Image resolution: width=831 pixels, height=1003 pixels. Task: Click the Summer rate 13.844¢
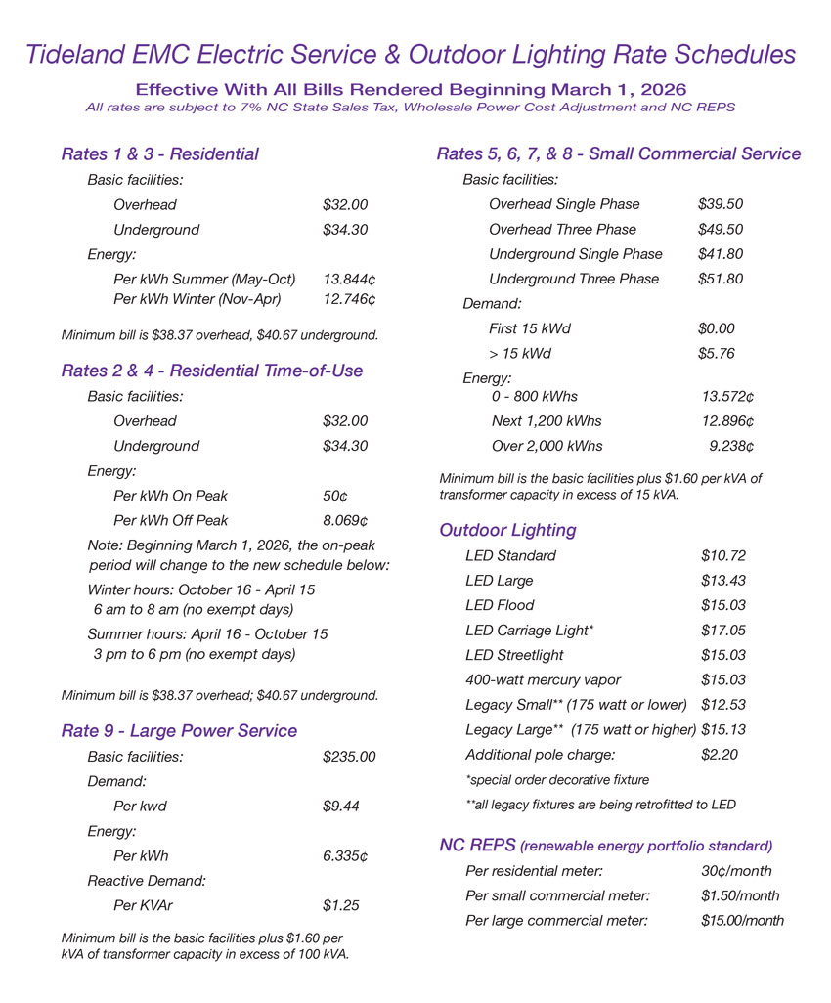[x=349, y=279]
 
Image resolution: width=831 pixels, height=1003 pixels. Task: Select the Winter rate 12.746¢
[x=349, y=298]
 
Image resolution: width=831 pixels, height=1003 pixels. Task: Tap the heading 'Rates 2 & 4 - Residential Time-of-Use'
[x=211, y=371]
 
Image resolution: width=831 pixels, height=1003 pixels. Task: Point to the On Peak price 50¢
[x=335, y=496]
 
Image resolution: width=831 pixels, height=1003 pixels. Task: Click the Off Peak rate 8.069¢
[x=345, y=520]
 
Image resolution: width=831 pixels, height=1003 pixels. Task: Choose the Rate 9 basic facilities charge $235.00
[x=348, y=757]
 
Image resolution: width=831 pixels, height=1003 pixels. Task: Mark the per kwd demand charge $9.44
[x=340, y=807]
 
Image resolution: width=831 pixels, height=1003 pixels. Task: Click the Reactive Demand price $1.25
[x=340, y=905]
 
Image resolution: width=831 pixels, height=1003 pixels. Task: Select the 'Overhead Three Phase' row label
[x=562, y=229]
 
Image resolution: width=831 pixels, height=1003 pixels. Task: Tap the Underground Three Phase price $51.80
[x=721, y=279]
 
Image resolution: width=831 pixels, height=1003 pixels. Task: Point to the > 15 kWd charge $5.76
[x=716, y=353]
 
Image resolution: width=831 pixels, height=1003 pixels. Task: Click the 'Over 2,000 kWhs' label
[x=547, y=446]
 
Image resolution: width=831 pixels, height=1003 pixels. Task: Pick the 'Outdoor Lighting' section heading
[x=507, y=531]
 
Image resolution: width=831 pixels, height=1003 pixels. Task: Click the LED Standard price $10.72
[x=723, y=555]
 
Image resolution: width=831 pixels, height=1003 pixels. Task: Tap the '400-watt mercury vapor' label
[x=543, y=679]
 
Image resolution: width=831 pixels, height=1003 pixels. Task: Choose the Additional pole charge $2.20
[x=720, y=754]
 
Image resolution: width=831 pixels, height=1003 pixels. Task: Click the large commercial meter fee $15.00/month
[x=742, y=920]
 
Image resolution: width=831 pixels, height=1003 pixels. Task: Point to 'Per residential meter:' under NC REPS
[x=534, y=870]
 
